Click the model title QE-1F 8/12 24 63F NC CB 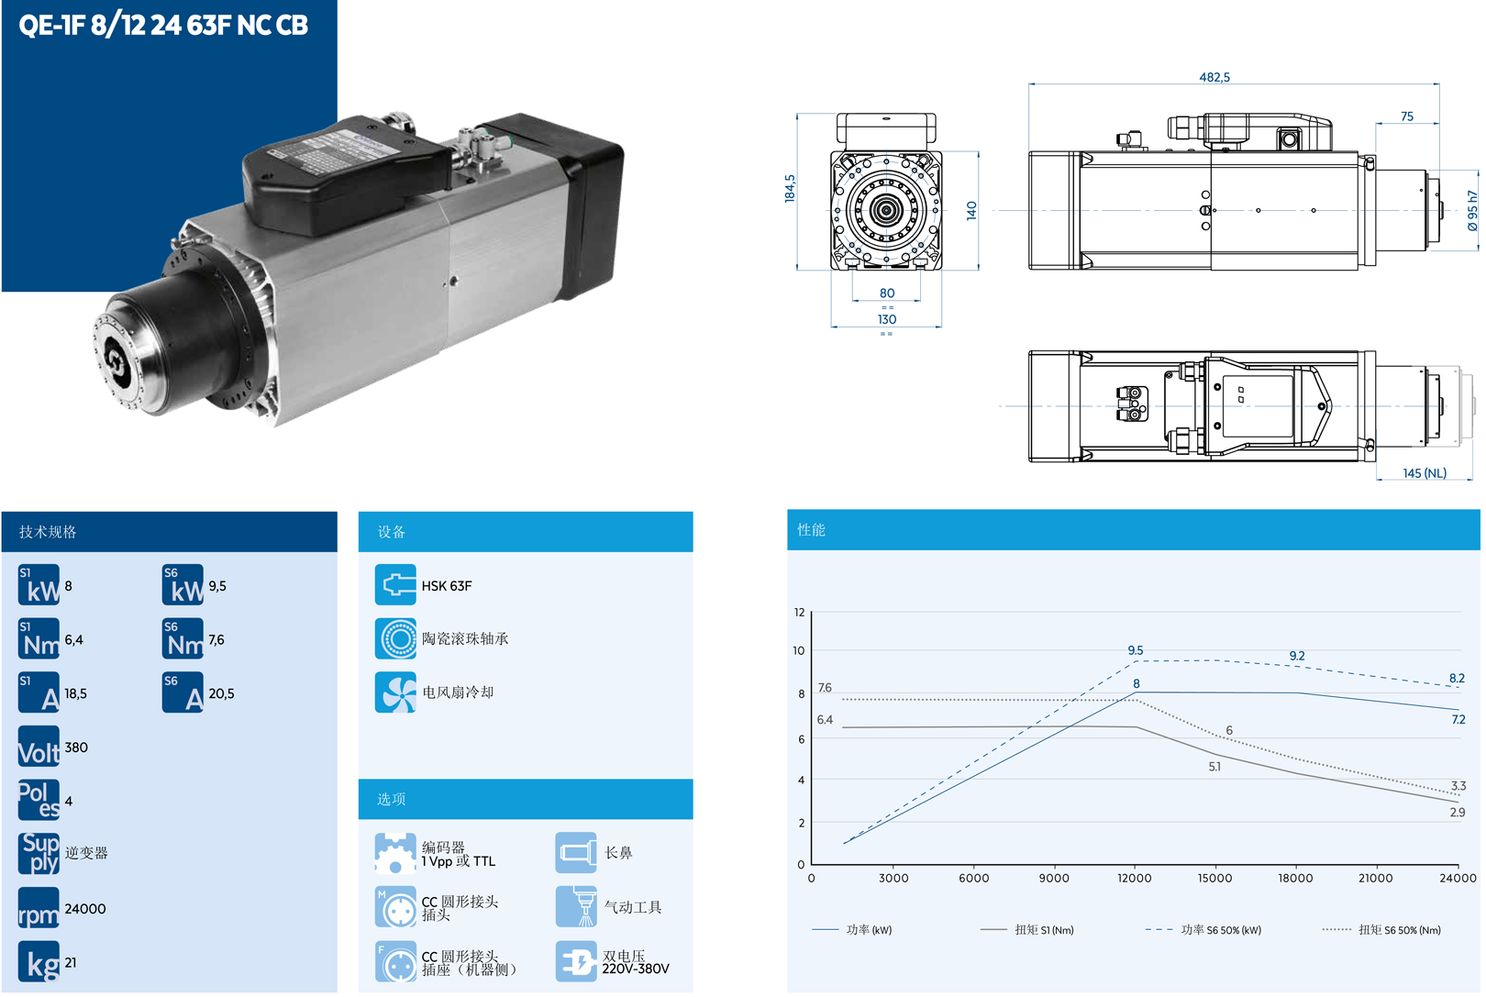163,25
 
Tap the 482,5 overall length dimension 1214,77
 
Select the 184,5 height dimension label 790,188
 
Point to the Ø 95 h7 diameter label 1471,210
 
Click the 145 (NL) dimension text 1424,473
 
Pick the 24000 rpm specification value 85,909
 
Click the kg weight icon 39,962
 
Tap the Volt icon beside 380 39,748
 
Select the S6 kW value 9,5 217,586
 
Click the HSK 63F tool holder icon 395,585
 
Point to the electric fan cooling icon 395,692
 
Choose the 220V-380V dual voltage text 636,969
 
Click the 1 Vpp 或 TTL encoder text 458,861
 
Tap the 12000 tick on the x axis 1134,878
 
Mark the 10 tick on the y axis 799,651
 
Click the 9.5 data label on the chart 1136,650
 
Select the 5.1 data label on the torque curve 1214,767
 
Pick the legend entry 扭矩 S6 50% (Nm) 1399,930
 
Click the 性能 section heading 811,530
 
